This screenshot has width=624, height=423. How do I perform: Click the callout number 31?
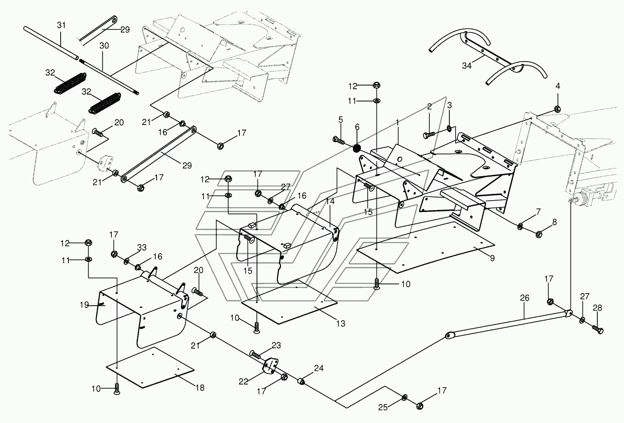coord(61,25)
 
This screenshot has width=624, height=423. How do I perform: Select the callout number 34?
coord(467,66)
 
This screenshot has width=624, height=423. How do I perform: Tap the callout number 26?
coord(524,298)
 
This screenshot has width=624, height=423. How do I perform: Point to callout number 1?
coord(397,122)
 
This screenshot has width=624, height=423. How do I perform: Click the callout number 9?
coord(492,258)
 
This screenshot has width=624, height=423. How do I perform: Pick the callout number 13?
coord(340,323)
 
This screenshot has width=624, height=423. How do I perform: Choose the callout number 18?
coord(200,388)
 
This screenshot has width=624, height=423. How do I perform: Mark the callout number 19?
coord(84,305)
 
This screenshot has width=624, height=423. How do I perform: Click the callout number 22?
coord(243,381)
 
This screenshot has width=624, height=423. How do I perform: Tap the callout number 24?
coord(319,368)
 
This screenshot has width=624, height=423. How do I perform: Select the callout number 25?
coord(383,407)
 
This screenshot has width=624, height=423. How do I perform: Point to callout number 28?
coord(597,308)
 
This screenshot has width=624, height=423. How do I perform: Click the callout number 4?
coord(557,86)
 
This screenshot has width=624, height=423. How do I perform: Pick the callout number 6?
coord(357,127)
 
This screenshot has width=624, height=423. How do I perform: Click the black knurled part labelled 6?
coord(357,148)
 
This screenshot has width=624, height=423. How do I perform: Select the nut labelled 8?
coord(539,234)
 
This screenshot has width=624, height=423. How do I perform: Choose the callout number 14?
coord(330,201)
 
